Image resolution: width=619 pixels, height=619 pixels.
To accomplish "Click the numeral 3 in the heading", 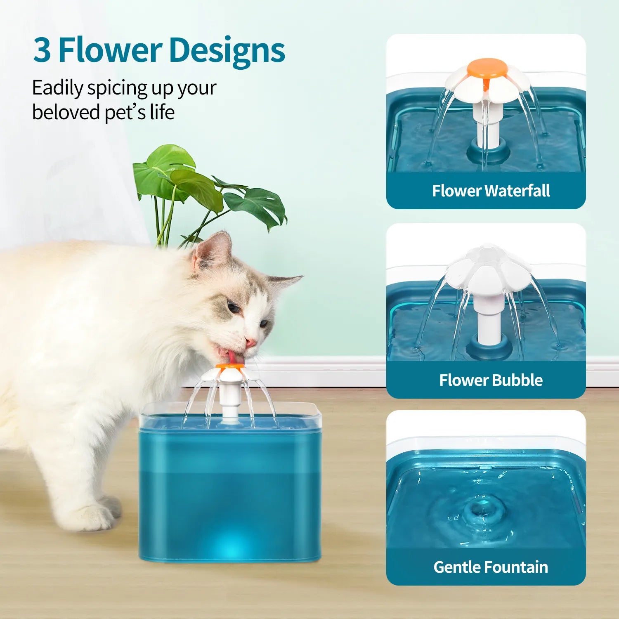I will pos(42,50).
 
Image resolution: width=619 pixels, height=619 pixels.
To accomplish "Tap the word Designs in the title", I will pos(227,50).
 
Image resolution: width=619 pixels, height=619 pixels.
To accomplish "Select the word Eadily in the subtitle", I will pos(58,88).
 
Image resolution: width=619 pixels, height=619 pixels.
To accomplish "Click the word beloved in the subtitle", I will pos(66,112).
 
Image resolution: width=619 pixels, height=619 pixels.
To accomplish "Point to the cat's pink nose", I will pos(250,342).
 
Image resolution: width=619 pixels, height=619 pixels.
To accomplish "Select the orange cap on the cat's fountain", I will pos(230,366).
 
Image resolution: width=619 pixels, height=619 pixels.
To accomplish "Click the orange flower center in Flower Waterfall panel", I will pos(487,68).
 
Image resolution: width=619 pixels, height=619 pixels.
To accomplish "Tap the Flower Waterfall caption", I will pos(491,191).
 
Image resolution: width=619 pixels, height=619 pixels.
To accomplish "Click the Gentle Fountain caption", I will pos(491,567).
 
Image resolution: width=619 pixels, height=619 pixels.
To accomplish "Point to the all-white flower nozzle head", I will pos(488,268).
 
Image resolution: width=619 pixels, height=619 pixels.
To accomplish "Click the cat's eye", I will pos(234,307).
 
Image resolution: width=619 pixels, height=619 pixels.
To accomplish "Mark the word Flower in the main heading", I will pos(110,50).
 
